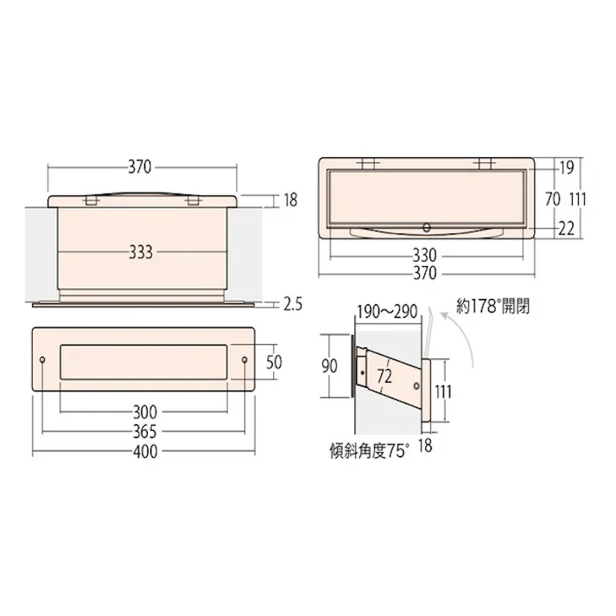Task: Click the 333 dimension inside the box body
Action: [x=140, y=252]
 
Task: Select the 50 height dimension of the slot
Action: [x=274, y=361]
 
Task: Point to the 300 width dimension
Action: [x=145, y=411]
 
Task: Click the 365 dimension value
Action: [x=145, y=432]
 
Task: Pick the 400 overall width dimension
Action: [x=145, y=453]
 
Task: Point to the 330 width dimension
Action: [x=424, y=255]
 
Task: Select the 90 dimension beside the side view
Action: [x=329, y=365]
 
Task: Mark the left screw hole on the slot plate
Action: [x=44, y=359]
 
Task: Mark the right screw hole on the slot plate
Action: [x=244, y=359]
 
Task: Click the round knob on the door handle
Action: [x=425, y=228]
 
